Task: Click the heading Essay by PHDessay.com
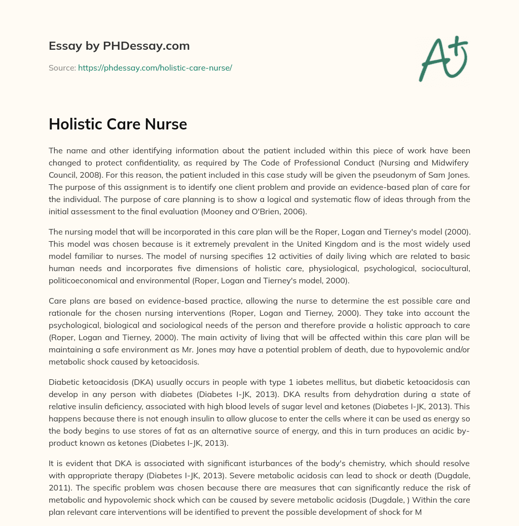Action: [x=119, y=46]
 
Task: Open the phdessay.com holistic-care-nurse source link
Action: [x=155, y=68]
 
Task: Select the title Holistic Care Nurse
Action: [x=118, y=124]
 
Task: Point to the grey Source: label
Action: [x=62, y=68]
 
